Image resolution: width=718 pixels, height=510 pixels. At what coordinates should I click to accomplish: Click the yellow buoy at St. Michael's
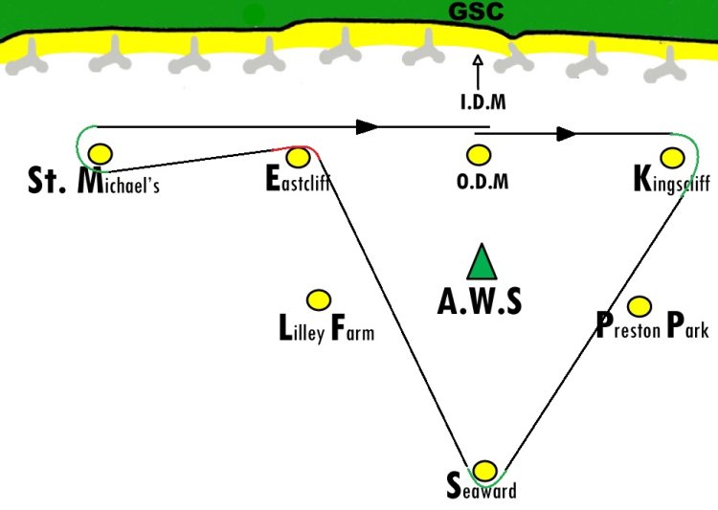point(101,154)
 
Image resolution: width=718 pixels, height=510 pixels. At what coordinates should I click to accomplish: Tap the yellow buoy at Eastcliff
point(298,157)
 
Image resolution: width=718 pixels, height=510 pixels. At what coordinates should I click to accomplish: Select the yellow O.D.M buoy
point(479,155)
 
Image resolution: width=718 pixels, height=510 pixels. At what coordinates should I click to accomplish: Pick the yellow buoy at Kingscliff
point(673,158)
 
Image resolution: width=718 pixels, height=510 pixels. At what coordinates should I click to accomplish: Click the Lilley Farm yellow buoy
point(319,300)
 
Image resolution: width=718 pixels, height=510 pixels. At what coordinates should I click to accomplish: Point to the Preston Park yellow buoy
point(639,306)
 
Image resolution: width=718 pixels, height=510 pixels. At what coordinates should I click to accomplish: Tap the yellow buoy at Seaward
point(484,471)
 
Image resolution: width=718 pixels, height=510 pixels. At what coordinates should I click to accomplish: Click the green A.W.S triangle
point(482,262)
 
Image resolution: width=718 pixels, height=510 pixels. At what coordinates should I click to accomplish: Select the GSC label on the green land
point(476,11)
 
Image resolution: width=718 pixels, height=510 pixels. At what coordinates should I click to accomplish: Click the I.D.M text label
point(483,101)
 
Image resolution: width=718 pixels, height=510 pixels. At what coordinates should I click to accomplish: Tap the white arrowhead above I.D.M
point(478,60)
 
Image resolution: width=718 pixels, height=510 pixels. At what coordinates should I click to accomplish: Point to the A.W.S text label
point(480,301)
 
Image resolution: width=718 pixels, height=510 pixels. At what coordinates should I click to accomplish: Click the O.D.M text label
point(482,181)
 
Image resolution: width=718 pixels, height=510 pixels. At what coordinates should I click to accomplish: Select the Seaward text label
point(482,487)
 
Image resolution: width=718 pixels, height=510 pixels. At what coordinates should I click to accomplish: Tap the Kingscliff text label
point(672,180)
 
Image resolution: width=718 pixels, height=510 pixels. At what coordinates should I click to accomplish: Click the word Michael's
point(119,181)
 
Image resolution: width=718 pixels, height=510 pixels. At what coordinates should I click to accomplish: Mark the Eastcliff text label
point(298,178)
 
